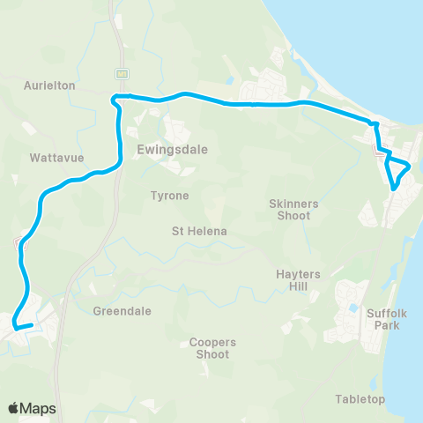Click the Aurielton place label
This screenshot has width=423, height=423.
pyautogui.click(x=50, y=85)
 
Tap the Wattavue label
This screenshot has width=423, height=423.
pyautogui.click(x=55, y=159)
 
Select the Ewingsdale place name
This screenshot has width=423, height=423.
pyautogui.click(x=172, y=150)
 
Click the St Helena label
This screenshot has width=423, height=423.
pyautogui.click(x=199, y=231)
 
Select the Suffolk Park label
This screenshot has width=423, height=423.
pyautogui.click(x=384, y=318)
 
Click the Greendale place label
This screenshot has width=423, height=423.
pyautogui.click(x=122, y=311)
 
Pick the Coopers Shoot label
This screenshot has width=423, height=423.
pyautogui.click(x=210, y=348)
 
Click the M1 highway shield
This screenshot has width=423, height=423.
pyautogui.click(x=122, y=73)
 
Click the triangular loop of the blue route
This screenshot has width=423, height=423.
pyautogui.click(x=398, y=169)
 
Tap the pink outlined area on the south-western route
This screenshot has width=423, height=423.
pyautogui.click(x=19, y=239)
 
